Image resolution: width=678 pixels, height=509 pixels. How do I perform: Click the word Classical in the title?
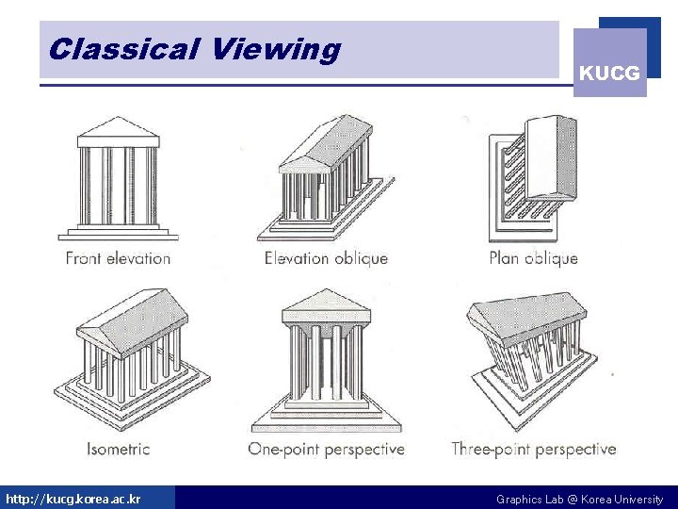pyautogui.click(x=124, y=49)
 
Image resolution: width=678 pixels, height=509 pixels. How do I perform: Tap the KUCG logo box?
pyautogui.click(x=609, y=63)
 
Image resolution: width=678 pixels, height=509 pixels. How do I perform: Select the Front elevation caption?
pyautogui.click(x=118, y=258)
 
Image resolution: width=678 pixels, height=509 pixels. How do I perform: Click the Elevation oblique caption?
pyautogui.click(x=326, y=258)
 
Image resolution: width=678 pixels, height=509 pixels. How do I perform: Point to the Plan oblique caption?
pyautogui.click(x=533, y=258)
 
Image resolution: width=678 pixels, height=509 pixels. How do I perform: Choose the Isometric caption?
pyautogui.click(x=118, y=449)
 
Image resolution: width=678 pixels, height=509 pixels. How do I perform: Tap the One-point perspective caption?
pyautogui.click(x=326, y=449)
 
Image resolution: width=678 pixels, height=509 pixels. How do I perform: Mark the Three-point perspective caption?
pyautogui.click(x=533, y=449)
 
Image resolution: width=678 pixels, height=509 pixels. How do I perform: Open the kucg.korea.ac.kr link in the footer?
pyautogui.click(x=73, y=499)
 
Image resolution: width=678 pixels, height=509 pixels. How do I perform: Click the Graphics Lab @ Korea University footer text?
pyautogui.click(x=579, y=499)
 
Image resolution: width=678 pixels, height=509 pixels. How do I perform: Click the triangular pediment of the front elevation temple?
pyautogui.click(x=118, y=129)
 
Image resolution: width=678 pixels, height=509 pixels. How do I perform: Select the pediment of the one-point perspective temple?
pyautogui.click(x=326, y=304)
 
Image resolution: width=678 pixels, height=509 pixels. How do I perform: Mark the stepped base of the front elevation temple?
pyautogui.click(x=118, y=232)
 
